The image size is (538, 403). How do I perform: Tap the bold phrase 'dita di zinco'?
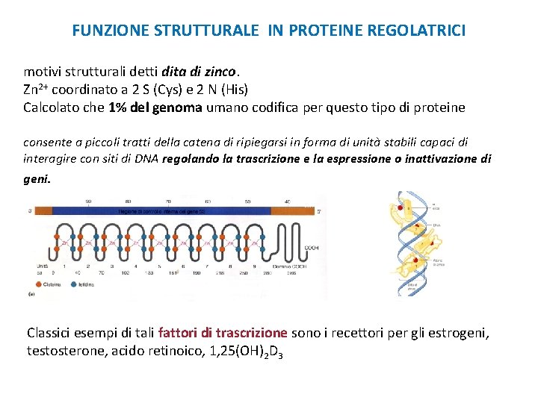point(198,72)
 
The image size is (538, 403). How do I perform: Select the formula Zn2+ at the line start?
point(36,90)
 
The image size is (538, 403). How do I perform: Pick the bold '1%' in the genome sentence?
point(117,107)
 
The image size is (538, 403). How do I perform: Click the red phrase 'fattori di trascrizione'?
point(223,333)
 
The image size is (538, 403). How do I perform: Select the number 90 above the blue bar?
point(88,201)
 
